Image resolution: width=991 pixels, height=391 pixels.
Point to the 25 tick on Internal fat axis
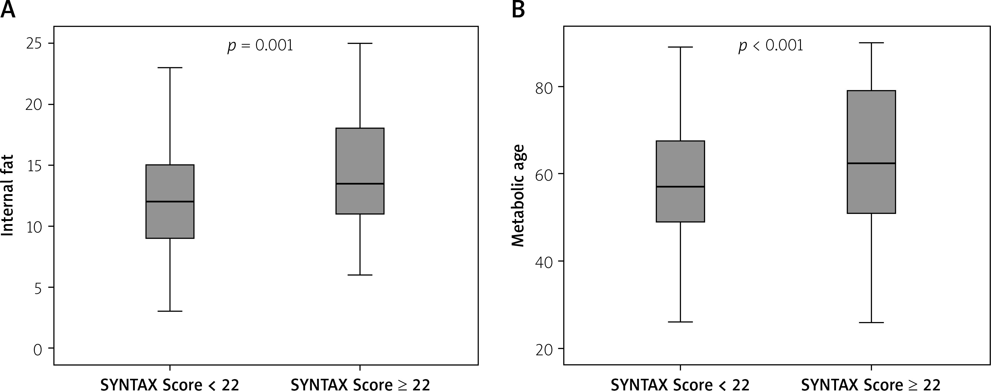(x=34, y=43)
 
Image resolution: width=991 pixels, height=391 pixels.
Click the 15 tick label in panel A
(x=34, y=165)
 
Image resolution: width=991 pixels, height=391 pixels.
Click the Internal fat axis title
(x=8, y=195)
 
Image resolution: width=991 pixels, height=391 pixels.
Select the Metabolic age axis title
(x=518, y=195)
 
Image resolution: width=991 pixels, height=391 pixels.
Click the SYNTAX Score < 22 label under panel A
(x=170, y=385)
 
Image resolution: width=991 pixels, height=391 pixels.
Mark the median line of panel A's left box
(x=170, y=201)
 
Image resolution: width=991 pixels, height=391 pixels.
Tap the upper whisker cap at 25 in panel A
(x=360, y=43)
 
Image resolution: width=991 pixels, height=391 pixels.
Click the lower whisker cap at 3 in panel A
(x=170, y=311)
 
